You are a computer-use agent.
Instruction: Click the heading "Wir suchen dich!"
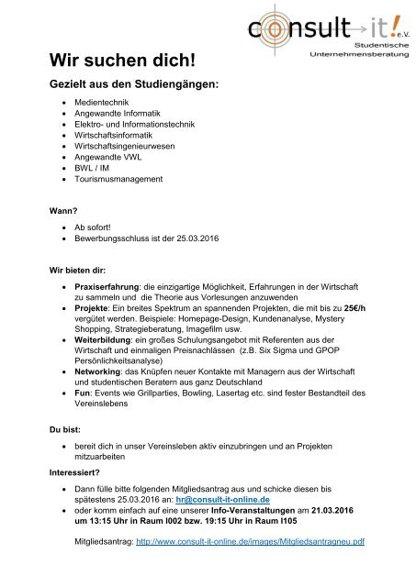point(122,61)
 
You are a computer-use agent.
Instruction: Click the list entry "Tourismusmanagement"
point(120,180)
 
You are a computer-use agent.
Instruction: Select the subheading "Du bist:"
point(67,453)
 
